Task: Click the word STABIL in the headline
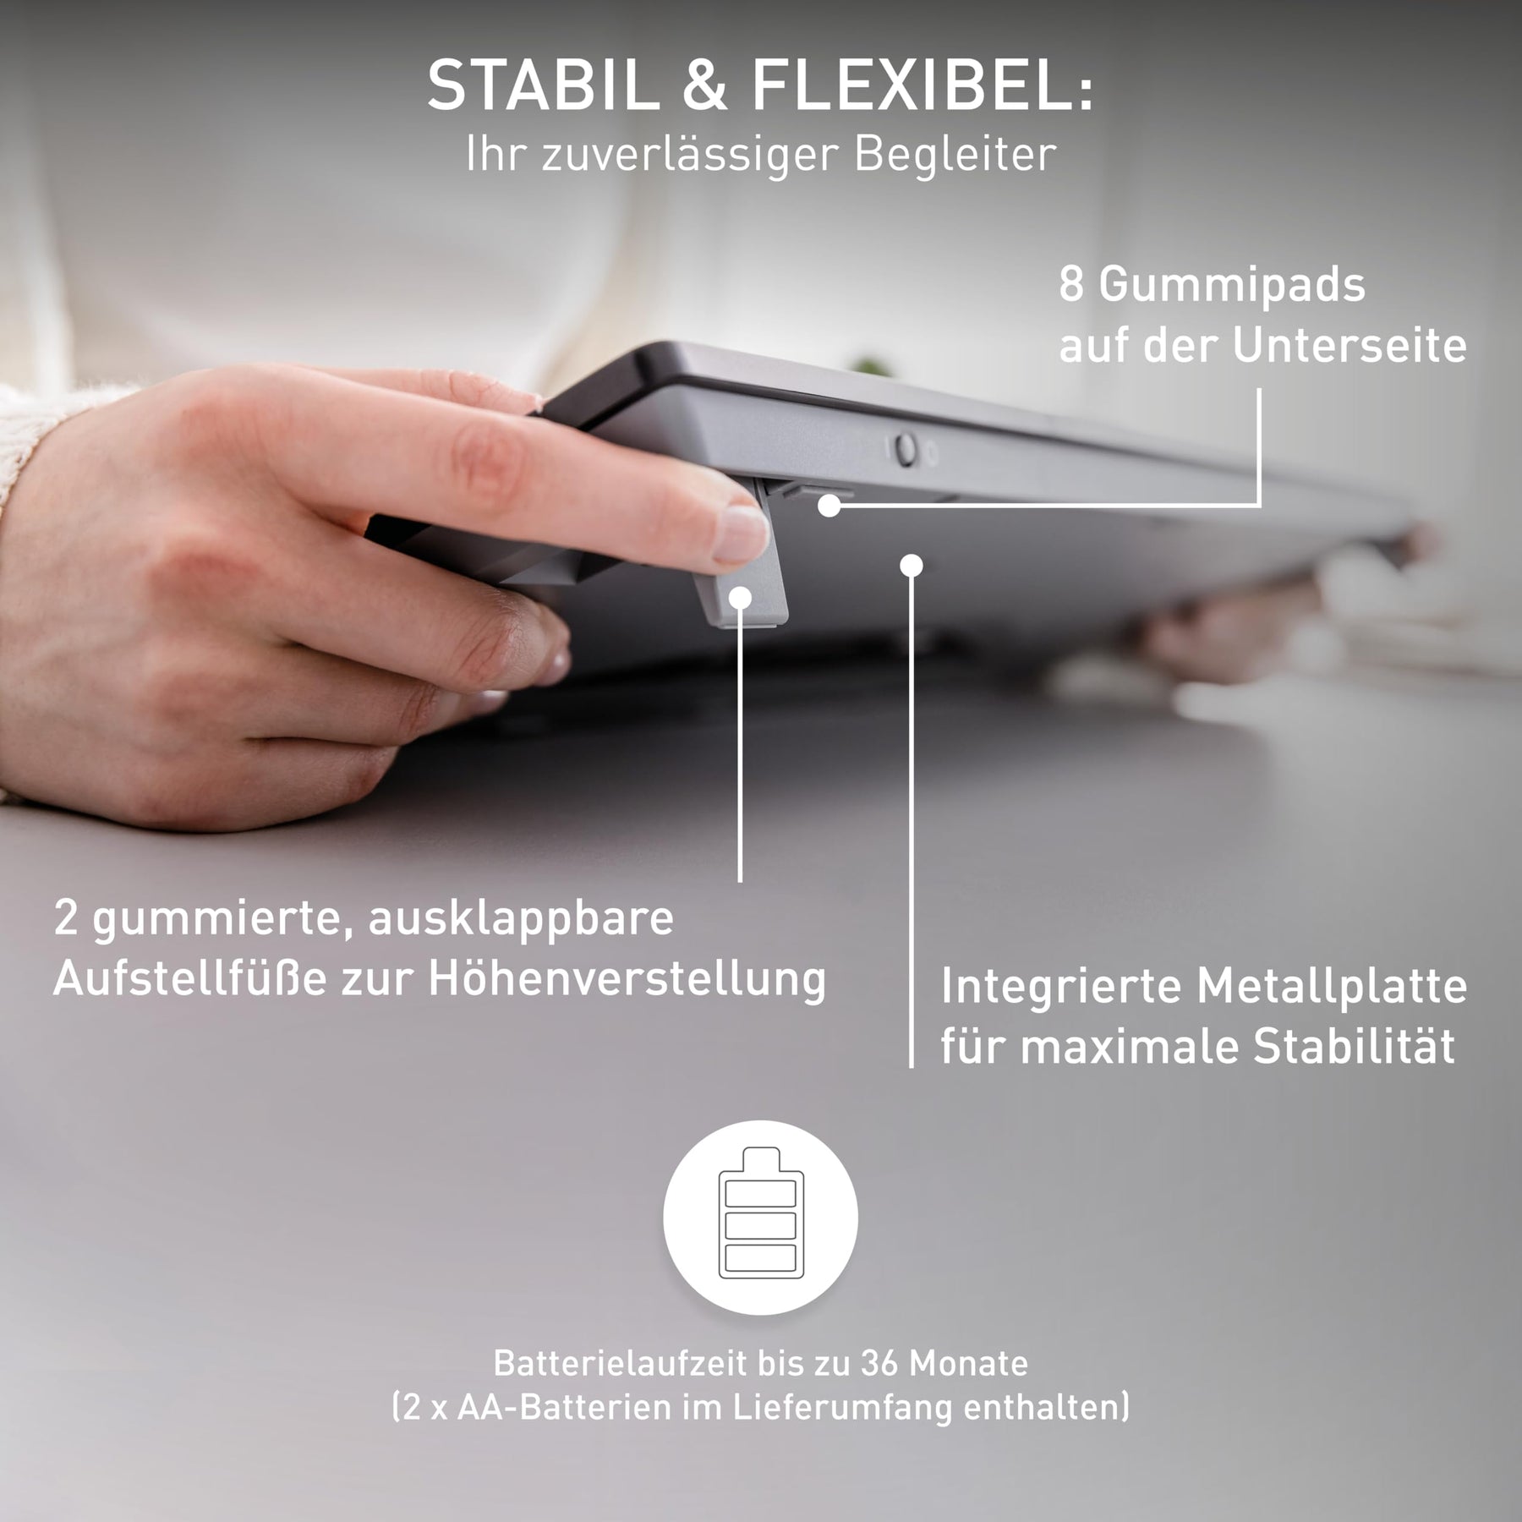[x=542, y=85]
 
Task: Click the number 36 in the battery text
[x=879, y=1363]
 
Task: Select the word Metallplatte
[x=1333, y=987]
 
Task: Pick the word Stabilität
[x=1354, y=1047]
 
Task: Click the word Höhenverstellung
[x=627, y=981]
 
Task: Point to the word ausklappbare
[x=520, y=920]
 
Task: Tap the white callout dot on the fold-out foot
[x=741, y=599]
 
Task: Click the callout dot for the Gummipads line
[x=829, y=506]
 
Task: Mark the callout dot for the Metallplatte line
[x=911, y=565]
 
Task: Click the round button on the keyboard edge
[x=906, y=449]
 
